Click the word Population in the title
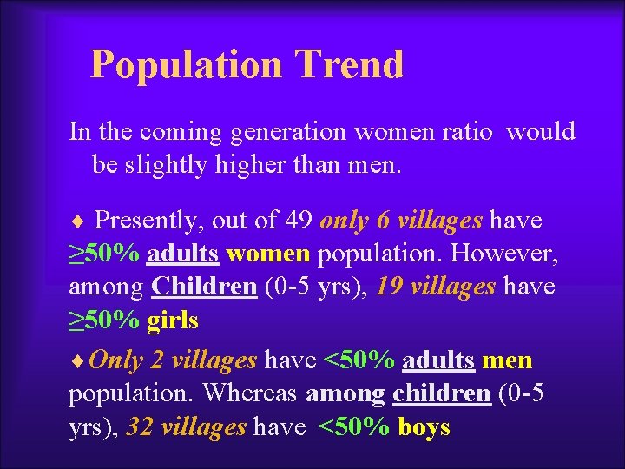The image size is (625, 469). point(186,65)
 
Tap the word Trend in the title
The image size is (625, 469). point(349,65)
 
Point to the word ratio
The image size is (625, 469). point(470,132)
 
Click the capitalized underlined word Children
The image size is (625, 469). point(204,287)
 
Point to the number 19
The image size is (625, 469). point(391,287)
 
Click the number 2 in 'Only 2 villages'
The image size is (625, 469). point(158,360)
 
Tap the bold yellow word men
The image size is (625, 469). point(507,360)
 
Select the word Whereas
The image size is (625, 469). point(253,393)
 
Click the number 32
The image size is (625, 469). point(140,426)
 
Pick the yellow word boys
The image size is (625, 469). point(424,426)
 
